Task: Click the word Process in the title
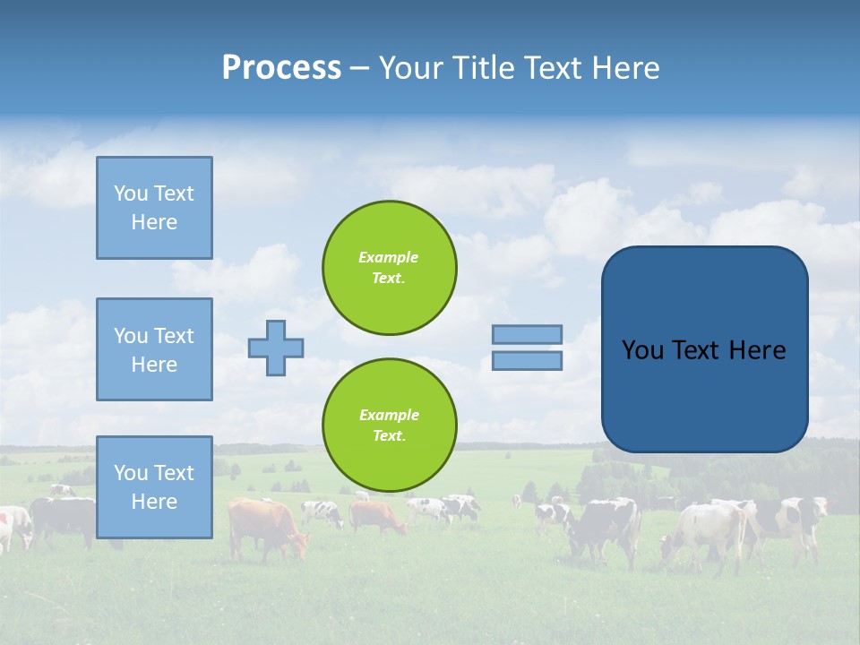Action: coord(281,68)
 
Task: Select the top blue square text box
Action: coord(154,208)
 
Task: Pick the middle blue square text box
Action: coord(154,349)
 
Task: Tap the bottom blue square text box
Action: coord(154,487)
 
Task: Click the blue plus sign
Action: coord(276,348)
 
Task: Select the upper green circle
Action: coord(389,268)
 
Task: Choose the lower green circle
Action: coord(389,426)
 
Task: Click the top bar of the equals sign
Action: coord(527,334)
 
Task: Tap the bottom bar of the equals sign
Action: coord(527,360)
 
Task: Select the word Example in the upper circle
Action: coord(389,257)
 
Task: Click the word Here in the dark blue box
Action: coord(757,350)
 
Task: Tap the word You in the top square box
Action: coord(130,193)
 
